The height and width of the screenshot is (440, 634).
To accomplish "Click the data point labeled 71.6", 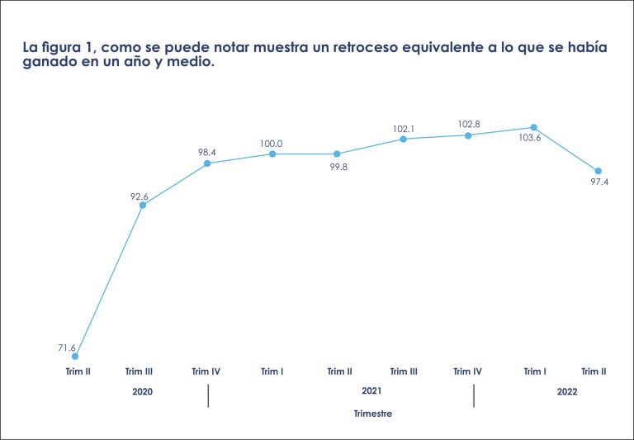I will pyautogui.click(x=76, y=357).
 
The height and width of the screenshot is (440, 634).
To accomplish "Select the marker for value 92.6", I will pyautogui.click(x=143, y=205).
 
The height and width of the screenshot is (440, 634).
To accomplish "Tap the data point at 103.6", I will pyautogui.click(x=534, y=128).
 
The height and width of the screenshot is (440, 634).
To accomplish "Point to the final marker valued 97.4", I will pyautogui.click(x=599, y=171).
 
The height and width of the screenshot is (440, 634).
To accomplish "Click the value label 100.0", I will pyautogui.click(x=271, y=144).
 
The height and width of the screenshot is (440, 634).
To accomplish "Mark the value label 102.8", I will pyautogui.click(x=469, y=125).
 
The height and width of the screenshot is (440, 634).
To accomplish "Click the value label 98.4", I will pyautogui.click(x=207, y=153).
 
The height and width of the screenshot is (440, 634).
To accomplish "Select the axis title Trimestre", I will pyautogui.click(x=372, y=413).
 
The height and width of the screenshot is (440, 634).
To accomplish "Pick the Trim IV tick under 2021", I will pyautogui.click(x=467, y=371).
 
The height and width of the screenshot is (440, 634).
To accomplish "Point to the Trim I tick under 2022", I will pyautogui.click(x=534, y=371).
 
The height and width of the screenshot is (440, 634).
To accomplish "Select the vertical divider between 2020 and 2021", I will pyautogui.click(x=208, y=395).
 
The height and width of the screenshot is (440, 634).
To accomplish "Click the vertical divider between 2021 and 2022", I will pyautogui.click(x=474, y=395).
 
